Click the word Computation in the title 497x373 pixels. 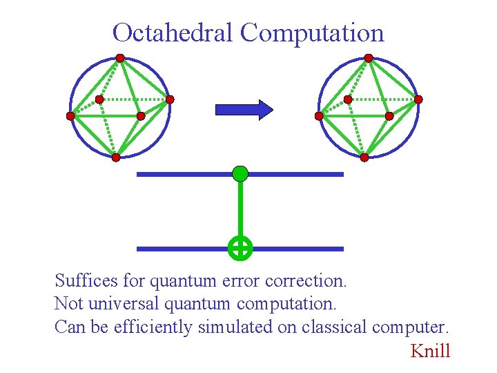coord(312,32)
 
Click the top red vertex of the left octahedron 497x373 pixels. coord(120,58)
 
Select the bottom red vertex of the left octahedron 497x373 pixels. coord(116,157)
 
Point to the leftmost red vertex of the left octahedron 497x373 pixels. coord(70,116)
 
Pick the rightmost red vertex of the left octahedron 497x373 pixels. coord(170,99)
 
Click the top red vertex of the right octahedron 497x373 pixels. coord(369,58)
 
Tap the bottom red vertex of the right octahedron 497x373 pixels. coord(364,157)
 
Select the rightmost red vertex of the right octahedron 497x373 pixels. coord(418,99)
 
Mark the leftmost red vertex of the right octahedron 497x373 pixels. coord(319,116)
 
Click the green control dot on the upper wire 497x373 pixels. coord(240,173)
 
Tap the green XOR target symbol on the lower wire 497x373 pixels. coord(240,248)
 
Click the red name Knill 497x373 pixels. coord(430,351)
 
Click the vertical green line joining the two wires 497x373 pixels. coord(240,211)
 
